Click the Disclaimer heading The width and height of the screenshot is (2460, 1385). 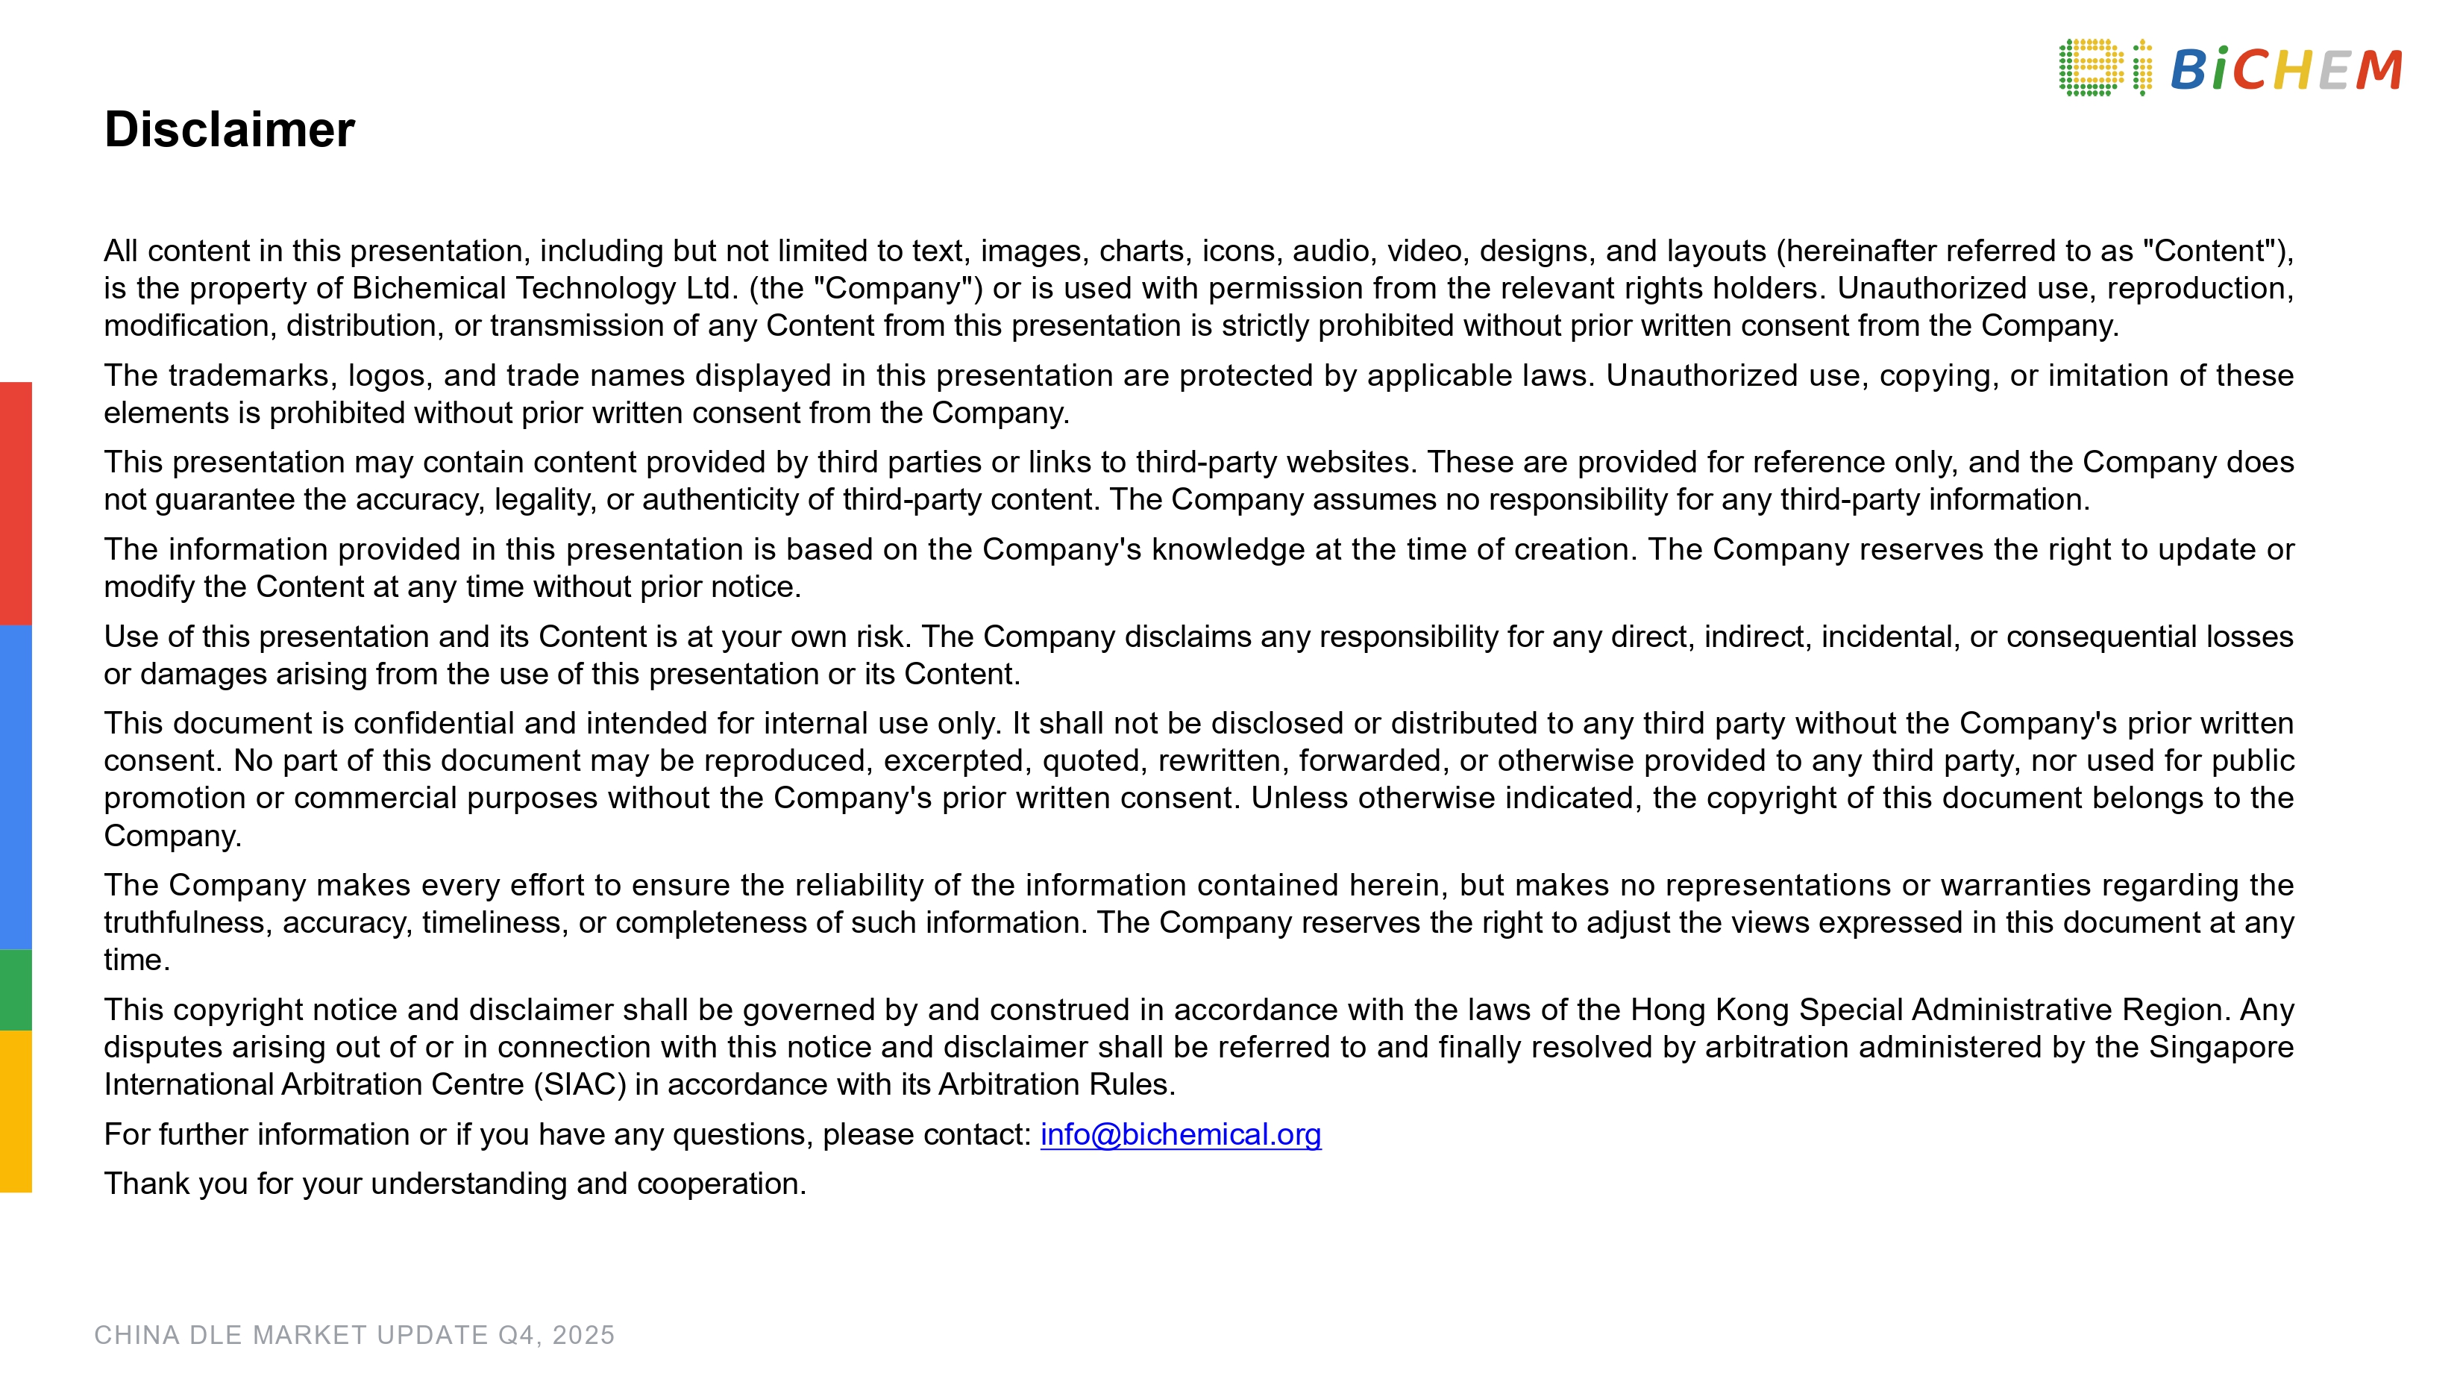[x=229, y=130]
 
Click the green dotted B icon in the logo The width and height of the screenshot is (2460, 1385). [x=2089, y=68]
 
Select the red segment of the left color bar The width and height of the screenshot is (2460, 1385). [x=15, y=504]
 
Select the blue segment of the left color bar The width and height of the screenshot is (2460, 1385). [x=15, y=787]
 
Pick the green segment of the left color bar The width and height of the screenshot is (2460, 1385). [x=15, y=989]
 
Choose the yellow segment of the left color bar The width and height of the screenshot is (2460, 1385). [x=15, y=1111]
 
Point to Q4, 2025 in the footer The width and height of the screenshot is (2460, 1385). [x=556, y=1334]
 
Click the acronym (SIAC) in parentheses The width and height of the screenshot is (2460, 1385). [x=580, y=1084]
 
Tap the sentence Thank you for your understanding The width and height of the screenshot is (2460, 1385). [x=454, y=1184]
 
